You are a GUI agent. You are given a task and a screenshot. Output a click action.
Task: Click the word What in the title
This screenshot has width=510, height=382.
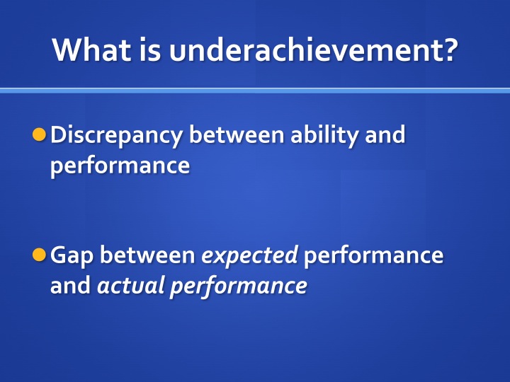(91, 50)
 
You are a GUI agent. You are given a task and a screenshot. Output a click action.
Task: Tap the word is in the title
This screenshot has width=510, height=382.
(150, 50)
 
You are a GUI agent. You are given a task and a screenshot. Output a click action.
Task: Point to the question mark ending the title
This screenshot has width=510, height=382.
(448, 50)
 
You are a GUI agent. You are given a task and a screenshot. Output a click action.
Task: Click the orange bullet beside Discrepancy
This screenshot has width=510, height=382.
(40, 134)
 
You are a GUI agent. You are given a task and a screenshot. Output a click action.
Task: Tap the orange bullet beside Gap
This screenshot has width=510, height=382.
(40, 255)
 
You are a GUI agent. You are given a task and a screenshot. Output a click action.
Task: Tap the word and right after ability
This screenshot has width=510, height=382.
(385, 134)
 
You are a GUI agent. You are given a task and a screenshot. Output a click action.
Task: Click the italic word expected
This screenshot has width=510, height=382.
(249, 256)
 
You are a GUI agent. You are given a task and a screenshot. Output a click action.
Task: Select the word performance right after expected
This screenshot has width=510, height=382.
(374, 256)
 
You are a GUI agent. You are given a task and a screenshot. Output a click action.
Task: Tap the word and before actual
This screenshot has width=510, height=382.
(71, 285)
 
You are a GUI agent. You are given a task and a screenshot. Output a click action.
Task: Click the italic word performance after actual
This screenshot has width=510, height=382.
(239, 286)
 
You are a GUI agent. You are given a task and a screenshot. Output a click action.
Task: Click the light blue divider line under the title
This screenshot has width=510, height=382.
(255, 91)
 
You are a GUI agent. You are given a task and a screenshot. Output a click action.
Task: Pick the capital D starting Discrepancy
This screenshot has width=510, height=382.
(58, 134)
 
